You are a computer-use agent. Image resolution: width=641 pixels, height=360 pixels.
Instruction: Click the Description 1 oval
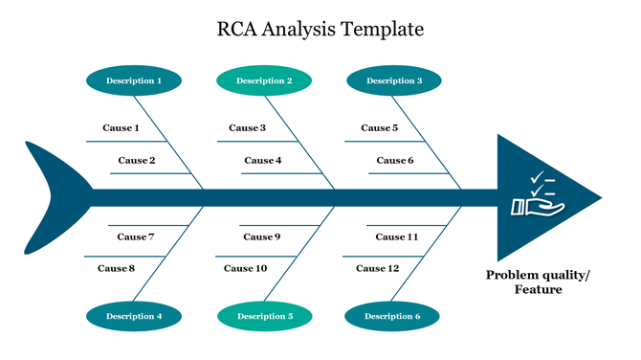pos(133,80)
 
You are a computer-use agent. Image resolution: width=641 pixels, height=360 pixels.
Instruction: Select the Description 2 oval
pos(264,80)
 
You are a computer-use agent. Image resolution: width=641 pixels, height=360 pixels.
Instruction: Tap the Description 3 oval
pos(393,80)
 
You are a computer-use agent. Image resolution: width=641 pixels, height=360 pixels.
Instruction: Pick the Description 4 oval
pos(133,315)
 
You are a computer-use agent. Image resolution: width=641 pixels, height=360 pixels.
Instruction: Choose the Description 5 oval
pos(264,315)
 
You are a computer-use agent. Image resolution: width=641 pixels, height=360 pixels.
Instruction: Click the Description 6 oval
pos(392,315)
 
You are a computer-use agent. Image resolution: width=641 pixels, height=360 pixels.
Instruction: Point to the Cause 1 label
pos(121,127)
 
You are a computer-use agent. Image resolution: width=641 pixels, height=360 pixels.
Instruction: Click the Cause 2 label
pos(137,160)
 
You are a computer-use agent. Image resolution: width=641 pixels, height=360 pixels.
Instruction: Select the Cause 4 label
pos(263,160)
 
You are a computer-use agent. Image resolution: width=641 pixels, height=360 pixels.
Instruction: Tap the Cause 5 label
pos(379,127)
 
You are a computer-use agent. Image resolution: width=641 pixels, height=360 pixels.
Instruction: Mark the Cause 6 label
pos(394,160)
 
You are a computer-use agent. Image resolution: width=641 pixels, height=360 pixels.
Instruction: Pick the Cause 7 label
pos(136,236)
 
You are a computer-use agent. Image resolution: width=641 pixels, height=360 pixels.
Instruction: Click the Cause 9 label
pos(261,236)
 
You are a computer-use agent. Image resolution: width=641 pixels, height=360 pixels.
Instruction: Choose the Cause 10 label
pos(246,268)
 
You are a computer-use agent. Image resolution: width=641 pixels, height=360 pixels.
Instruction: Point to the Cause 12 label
pos(378,268)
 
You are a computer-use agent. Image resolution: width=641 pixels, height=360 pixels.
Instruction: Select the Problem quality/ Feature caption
pos(538,282)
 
